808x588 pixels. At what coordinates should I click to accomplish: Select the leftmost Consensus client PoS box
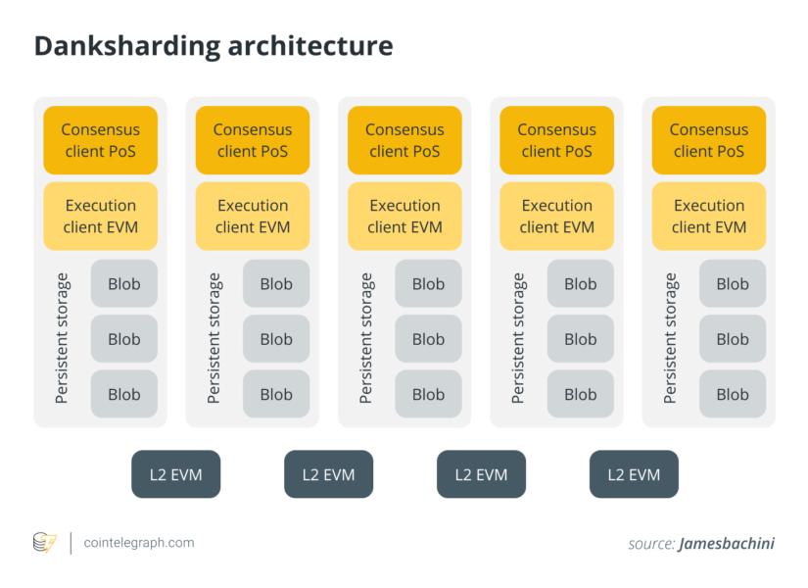100,140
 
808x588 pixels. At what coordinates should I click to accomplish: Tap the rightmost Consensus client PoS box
708,140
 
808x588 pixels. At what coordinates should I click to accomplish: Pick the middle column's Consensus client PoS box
404,140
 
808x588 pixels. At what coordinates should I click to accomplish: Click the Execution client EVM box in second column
253,217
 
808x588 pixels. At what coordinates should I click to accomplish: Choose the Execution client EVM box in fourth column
556,217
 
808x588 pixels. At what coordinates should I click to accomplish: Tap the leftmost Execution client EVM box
100,217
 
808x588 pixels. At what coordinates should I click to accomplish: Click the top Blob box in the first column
124,284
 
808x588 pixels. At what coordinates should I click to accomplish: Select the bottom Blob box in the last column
733,395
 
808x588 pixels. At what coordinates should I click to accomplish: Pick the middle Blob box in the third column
428,339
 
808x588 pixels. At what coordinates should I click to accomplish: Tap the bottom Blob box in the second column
276,395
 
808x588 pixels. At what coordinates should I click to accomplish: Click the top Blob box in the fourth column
580,284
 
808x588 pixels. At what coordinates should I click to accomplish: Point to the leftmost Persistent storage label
62,339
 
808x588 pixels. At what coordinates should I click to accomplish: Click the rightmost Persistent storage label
670,339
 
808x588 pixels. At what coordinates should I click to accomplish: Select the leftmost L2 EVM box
176,474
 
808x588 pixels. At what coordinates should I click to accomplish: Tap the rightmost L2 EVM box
633,474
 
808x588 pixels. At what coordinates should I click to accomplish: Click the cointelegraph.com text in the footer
138,542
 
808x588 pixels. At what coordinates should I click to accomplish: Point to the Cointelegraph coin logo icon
45,542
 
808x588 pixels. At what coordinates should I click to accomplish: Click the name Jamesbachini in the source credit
726,543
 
